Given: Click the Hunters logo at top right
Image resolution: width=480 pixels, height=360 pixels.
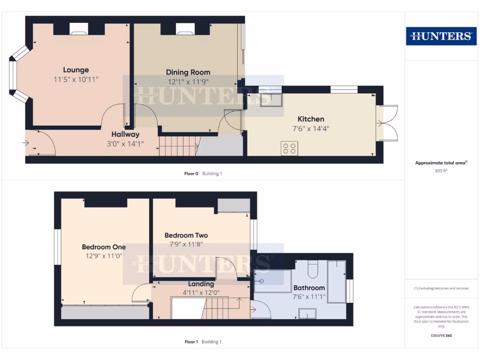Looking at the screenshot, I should [441, 36].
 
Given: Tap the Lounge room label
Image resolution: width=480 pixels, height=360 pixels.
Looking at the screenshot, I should [76, 70].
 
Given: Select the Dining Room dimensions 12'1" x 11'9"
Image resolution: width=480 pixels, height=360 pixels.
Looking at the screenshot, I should [188, 81].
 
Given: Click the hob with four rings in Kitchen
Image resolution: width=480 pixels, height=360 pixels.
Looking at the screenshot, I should [290, 148].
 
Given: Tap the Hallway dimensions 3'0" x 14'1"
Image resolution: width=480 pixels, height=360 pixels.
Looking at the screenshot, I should [126, 144].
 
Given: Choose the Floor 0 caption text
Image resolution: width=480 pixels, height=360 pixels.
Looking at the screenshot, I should [191, 173].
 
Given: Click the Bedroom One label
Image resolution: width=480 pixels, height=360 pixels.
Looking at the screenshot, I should [104, 247].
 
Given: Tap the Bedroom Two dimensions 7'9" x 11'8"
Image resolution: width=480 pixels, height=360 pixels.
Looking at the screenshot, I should [186, 244].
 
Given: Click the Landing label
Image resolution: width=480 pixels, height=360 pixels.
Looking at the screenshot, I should [201, 284].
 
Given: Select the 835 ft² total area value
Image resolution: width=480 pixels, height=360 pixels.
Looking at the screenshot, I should [441, 171].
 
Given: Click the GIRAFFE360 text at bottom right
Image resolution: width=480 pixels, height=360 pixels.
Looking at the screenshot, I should [441, 336].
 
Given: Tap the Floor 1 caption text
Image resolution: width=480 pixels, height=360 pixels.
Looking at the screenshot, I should [191, 342].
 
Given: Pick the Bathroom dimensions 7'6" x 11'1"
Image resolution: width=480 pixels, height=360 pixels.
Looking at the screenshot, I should [309, 296].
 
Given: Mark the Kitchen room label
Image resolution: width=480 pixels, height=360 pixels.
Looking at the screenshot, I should [311, 119].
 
